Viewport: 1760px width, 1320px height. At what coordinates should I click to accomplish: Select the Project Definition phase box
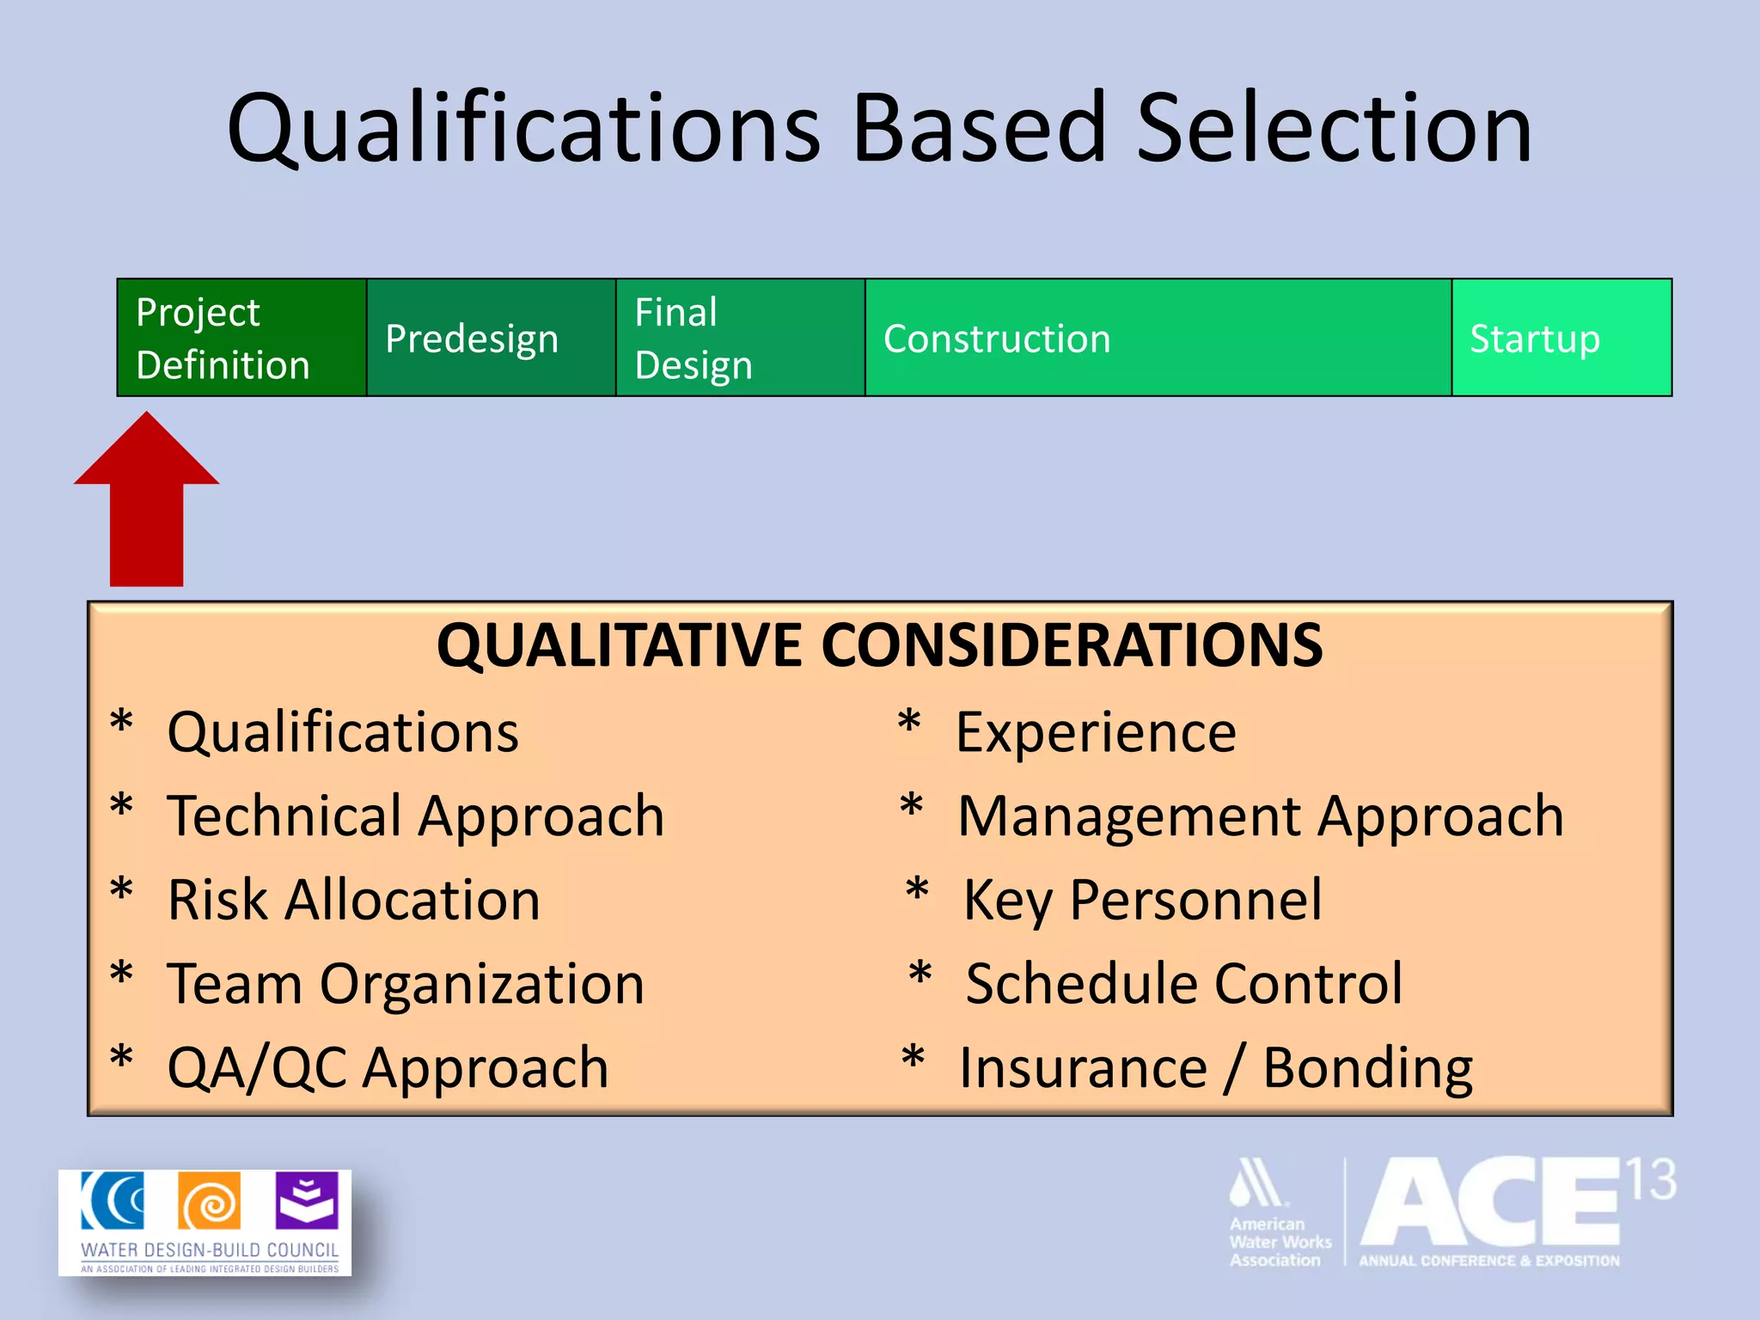click(x=241, y=338)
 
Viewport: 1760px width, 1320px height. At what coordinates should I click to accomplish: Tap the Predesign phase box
click(x=491, y=338)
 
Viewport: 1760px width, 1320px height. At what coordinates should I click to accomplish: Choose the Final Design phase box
click(x=740, y=338)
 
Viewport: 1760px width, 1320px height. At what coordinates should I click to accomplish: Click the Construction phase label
click(x=997, y=339)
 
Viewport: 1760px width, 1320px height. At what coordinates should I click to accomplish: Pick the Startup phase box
click(x=1561, y=338)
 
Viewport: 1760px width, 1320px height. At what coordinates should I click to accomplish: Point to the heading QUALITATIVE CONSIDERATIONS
click(x=879, y=645)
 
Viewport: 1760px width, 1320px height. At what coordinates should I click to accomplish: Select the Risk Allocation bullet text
click(x=354, y=900)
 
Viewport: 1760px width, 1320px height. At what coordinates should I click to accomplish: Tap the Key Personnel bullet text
click(x=1143, y=900)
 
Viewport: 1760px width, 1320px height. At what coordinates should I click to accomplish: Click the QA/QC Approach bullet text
click(x=388, y=1068)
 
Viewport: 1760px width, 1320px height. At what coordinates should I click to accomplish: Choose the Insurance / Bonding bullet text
click(x=1216, y=1068)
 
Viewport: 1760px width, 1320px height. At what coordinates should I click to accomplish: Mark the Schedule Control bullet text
click(x=1184, y=983)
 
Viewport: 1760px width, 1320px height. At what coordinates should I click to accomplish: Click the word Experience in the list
click(x=1096, y=732)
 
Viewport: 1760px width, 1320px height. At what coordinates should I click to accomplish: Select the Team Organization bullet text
click(x=406, y=983)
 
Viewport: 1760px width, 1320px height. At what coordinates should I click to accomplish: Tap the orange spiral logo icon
click(x=209, y=1201)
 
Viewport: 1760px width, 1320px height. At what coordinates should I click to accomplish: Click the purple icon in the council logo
click(x=307, y=1201)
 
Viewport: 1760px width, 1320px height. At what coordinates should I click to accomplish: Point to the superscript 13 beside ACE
click(x=1651, y=1180)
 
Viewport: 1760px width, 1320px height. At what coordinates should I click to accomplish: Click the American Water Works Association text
click(x=1279, y=1242)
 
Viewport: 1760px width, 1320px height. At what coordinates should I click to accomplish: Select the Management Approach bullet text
click(x=1260, y=816)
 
